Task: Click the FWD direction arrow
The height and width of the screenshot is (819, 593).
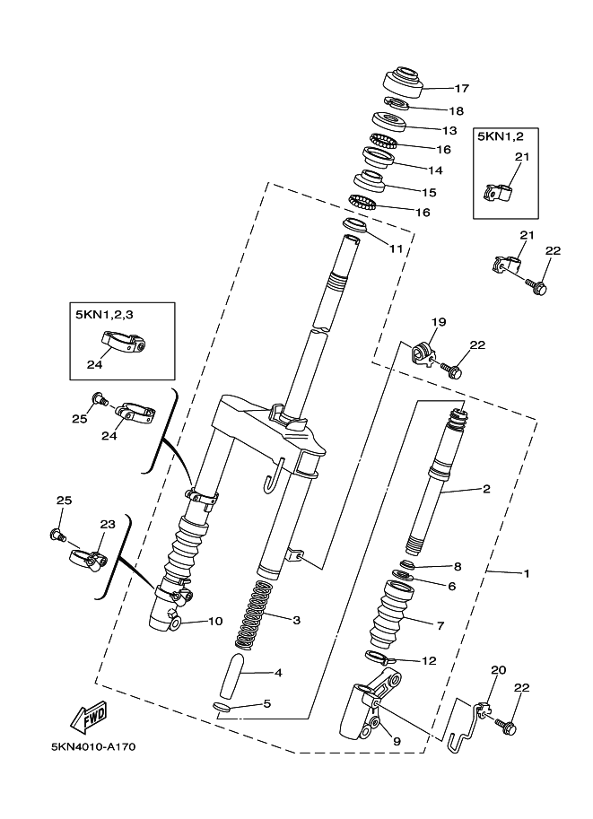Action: coord(91,719)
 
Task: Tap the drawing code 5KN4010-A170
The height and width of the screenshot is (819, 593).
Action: coord(94,747)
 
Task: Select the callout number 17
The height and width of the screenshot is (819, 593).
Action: coord(461,88)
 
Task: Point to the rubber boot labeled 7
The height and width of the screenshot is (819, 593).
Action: coord(391,613)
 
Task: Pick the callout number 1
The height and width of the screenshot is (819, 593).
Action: coord(527,573)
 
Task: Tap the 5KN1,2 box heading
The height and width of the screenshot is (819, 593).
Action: coord(500,137)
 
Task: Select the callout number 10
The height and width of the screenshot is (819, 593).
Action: coord(215,621)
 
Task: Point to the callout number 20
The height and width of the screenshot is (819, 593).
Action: coord(499,669)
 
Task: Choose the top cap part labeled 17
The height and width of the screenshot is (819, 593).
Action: coord(402,83)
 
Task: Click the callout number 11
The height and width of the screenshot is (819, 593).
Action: coord(396,248)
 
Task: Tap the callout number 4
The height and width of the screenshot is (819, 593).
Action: coord(278,673)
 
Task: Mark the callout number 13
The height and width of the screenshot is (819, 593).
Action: coord(449,131)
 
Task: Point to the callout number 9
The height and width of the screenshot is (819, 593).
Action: coord(397,741)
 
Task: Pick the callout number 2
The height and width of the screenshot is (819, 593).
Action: coord(486,490)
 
